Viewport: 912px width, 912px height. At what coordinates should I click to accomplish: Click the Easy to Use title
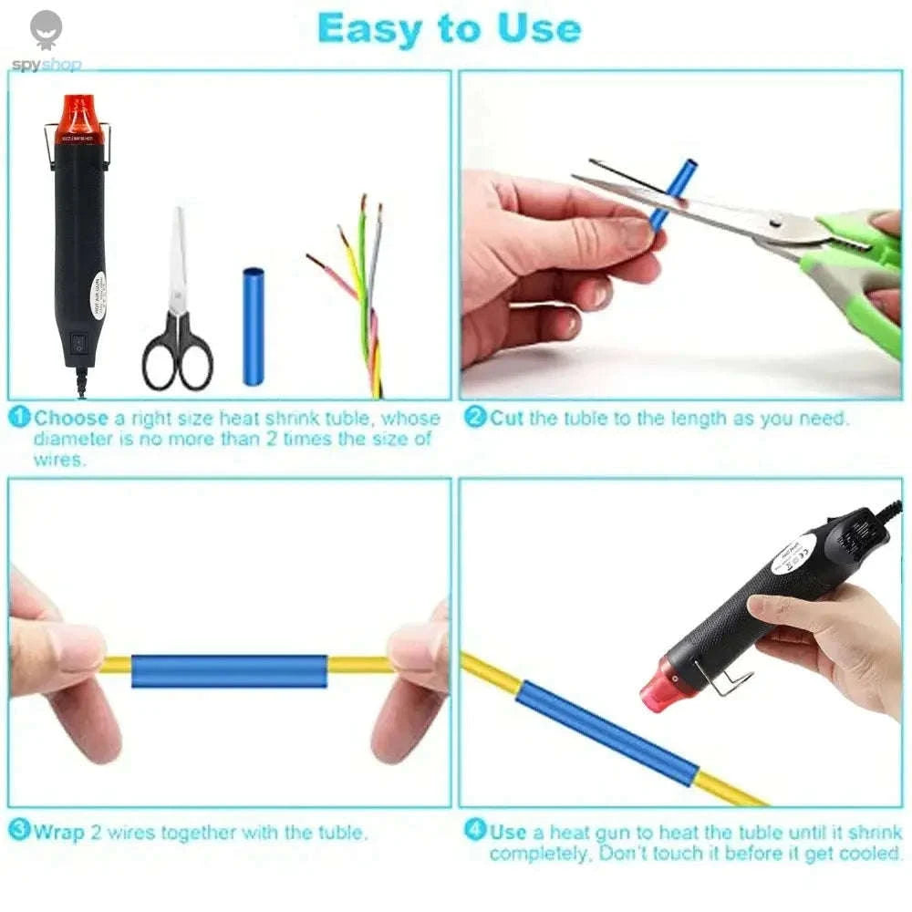(449, 29)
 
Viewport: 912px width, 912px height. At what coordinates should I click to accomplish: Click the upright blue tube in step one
(253, 326)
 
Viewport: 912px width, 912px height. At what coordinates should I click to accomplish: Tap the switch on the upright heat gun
(78, 345)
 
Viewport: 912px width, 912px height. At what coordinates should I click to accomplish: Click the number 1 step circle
(20, 418)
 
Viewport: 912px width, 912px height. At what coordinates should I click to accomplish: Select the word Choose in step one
(71, 419)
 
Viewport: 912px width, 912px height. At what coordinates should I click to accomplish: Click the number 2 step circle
(475, 418)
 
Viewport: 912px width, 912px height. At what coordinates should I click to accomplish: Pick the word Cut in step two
(507, 419)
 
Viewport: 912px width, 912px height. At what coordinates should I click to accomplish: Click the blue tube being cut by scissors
(673, 192)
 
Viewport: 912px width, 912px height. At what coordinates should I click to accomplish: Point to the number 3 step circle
(20, 831)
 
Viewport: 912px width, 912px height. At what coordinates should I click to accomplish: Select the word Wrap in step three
(58, 832)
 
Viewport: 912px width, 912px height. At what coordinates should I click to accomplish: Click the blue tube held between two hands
(229, 671)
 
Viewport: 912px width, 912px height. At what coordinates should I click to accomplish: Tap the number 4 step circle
(475, 831)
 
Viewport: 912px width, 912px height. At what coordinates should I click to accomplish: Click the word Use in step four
(508, 832)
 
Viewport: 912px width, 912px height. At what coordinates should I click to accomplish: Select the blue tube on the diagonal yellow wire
(608, 733)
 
